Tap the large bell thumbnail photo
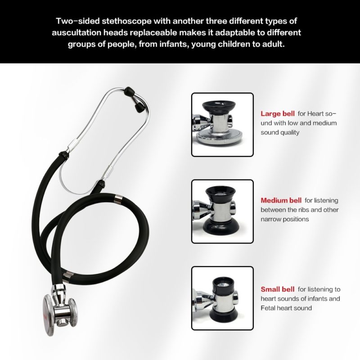[x=222, y=125]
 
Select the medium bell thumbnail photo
[x=222, y=211]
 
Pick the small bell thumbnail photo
[x=222, y=297]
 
